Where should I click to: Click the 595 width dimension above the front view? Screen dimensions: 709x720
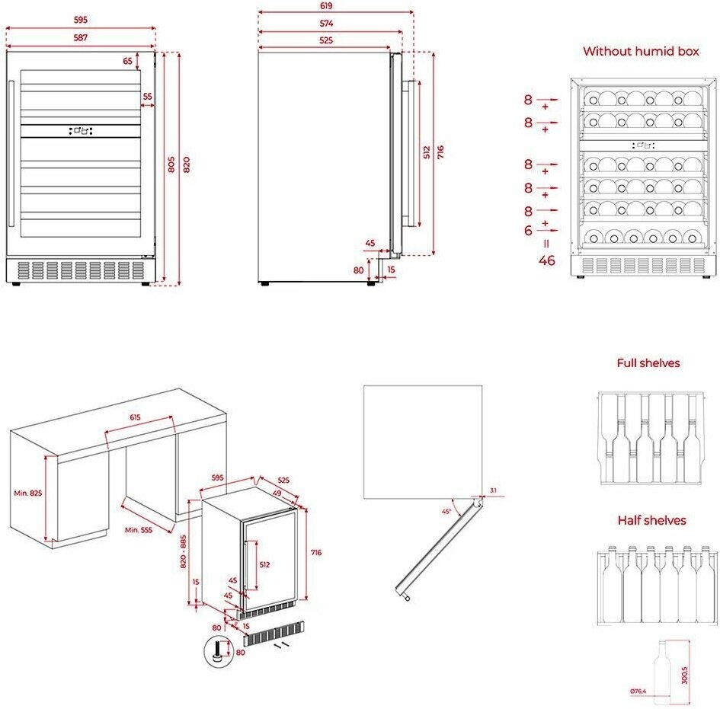point(81,20)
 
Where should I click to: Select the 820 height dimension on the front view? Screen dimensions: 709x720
point(187,168)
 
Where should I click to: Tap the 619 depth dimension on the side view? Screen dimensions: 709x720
point(335,5)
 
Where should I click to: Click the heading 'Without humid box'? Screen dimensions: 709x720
point(640,52)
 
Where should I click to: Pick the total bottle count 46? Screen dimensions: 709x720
point(546,260)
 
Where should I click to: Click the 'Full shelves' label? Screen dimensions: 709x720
point(648,363)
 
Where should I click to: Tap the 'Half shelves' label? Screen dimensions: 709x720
point(651,520)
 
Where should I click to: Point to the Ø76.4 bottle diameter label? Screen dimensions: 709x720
point(637,691)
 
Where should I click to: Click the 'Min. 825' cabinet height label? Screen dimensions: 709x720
point(28,493)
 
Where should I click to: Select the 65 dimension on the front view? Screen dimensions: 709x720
point(127,60)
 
